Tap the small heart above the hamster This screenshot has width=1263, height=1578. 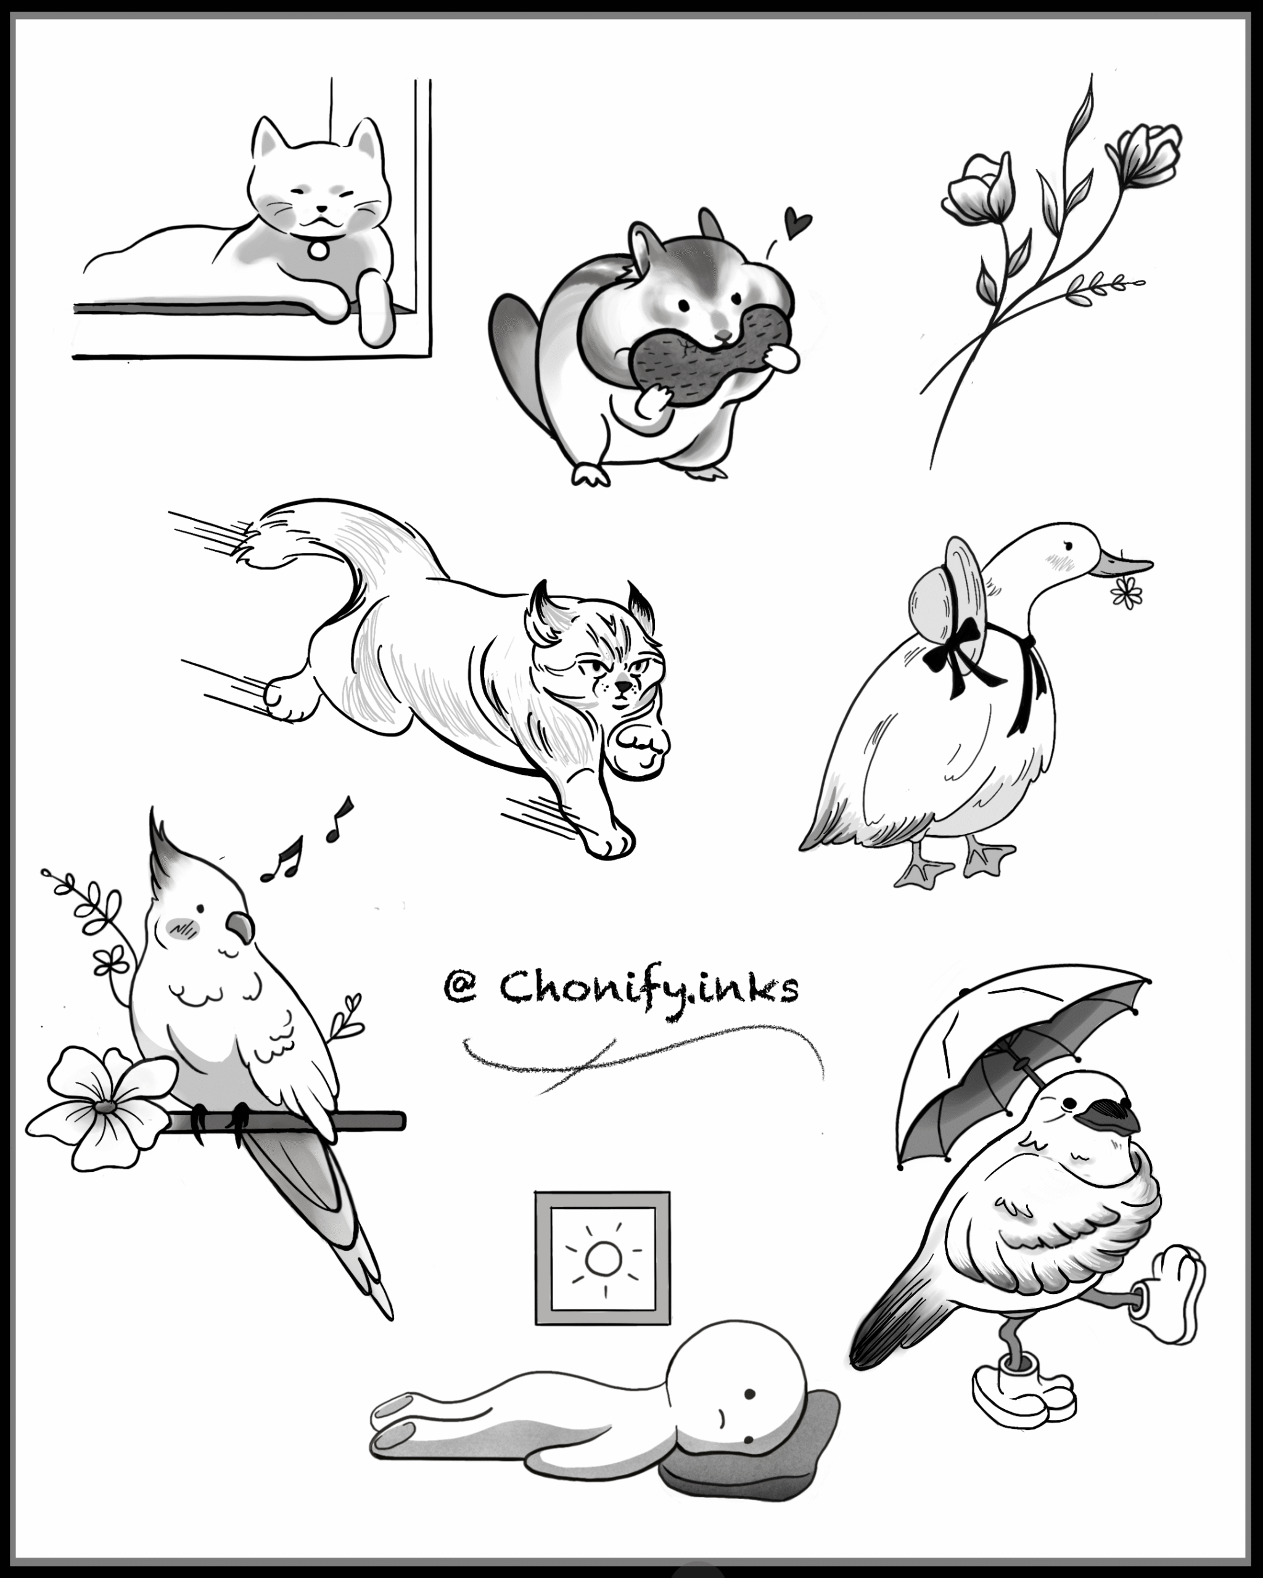tap(797, 222)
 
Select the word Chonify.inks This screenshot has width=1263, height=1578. tap(649, 988)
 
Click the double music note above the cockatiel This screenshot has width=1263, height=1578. tap(282, 859)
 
